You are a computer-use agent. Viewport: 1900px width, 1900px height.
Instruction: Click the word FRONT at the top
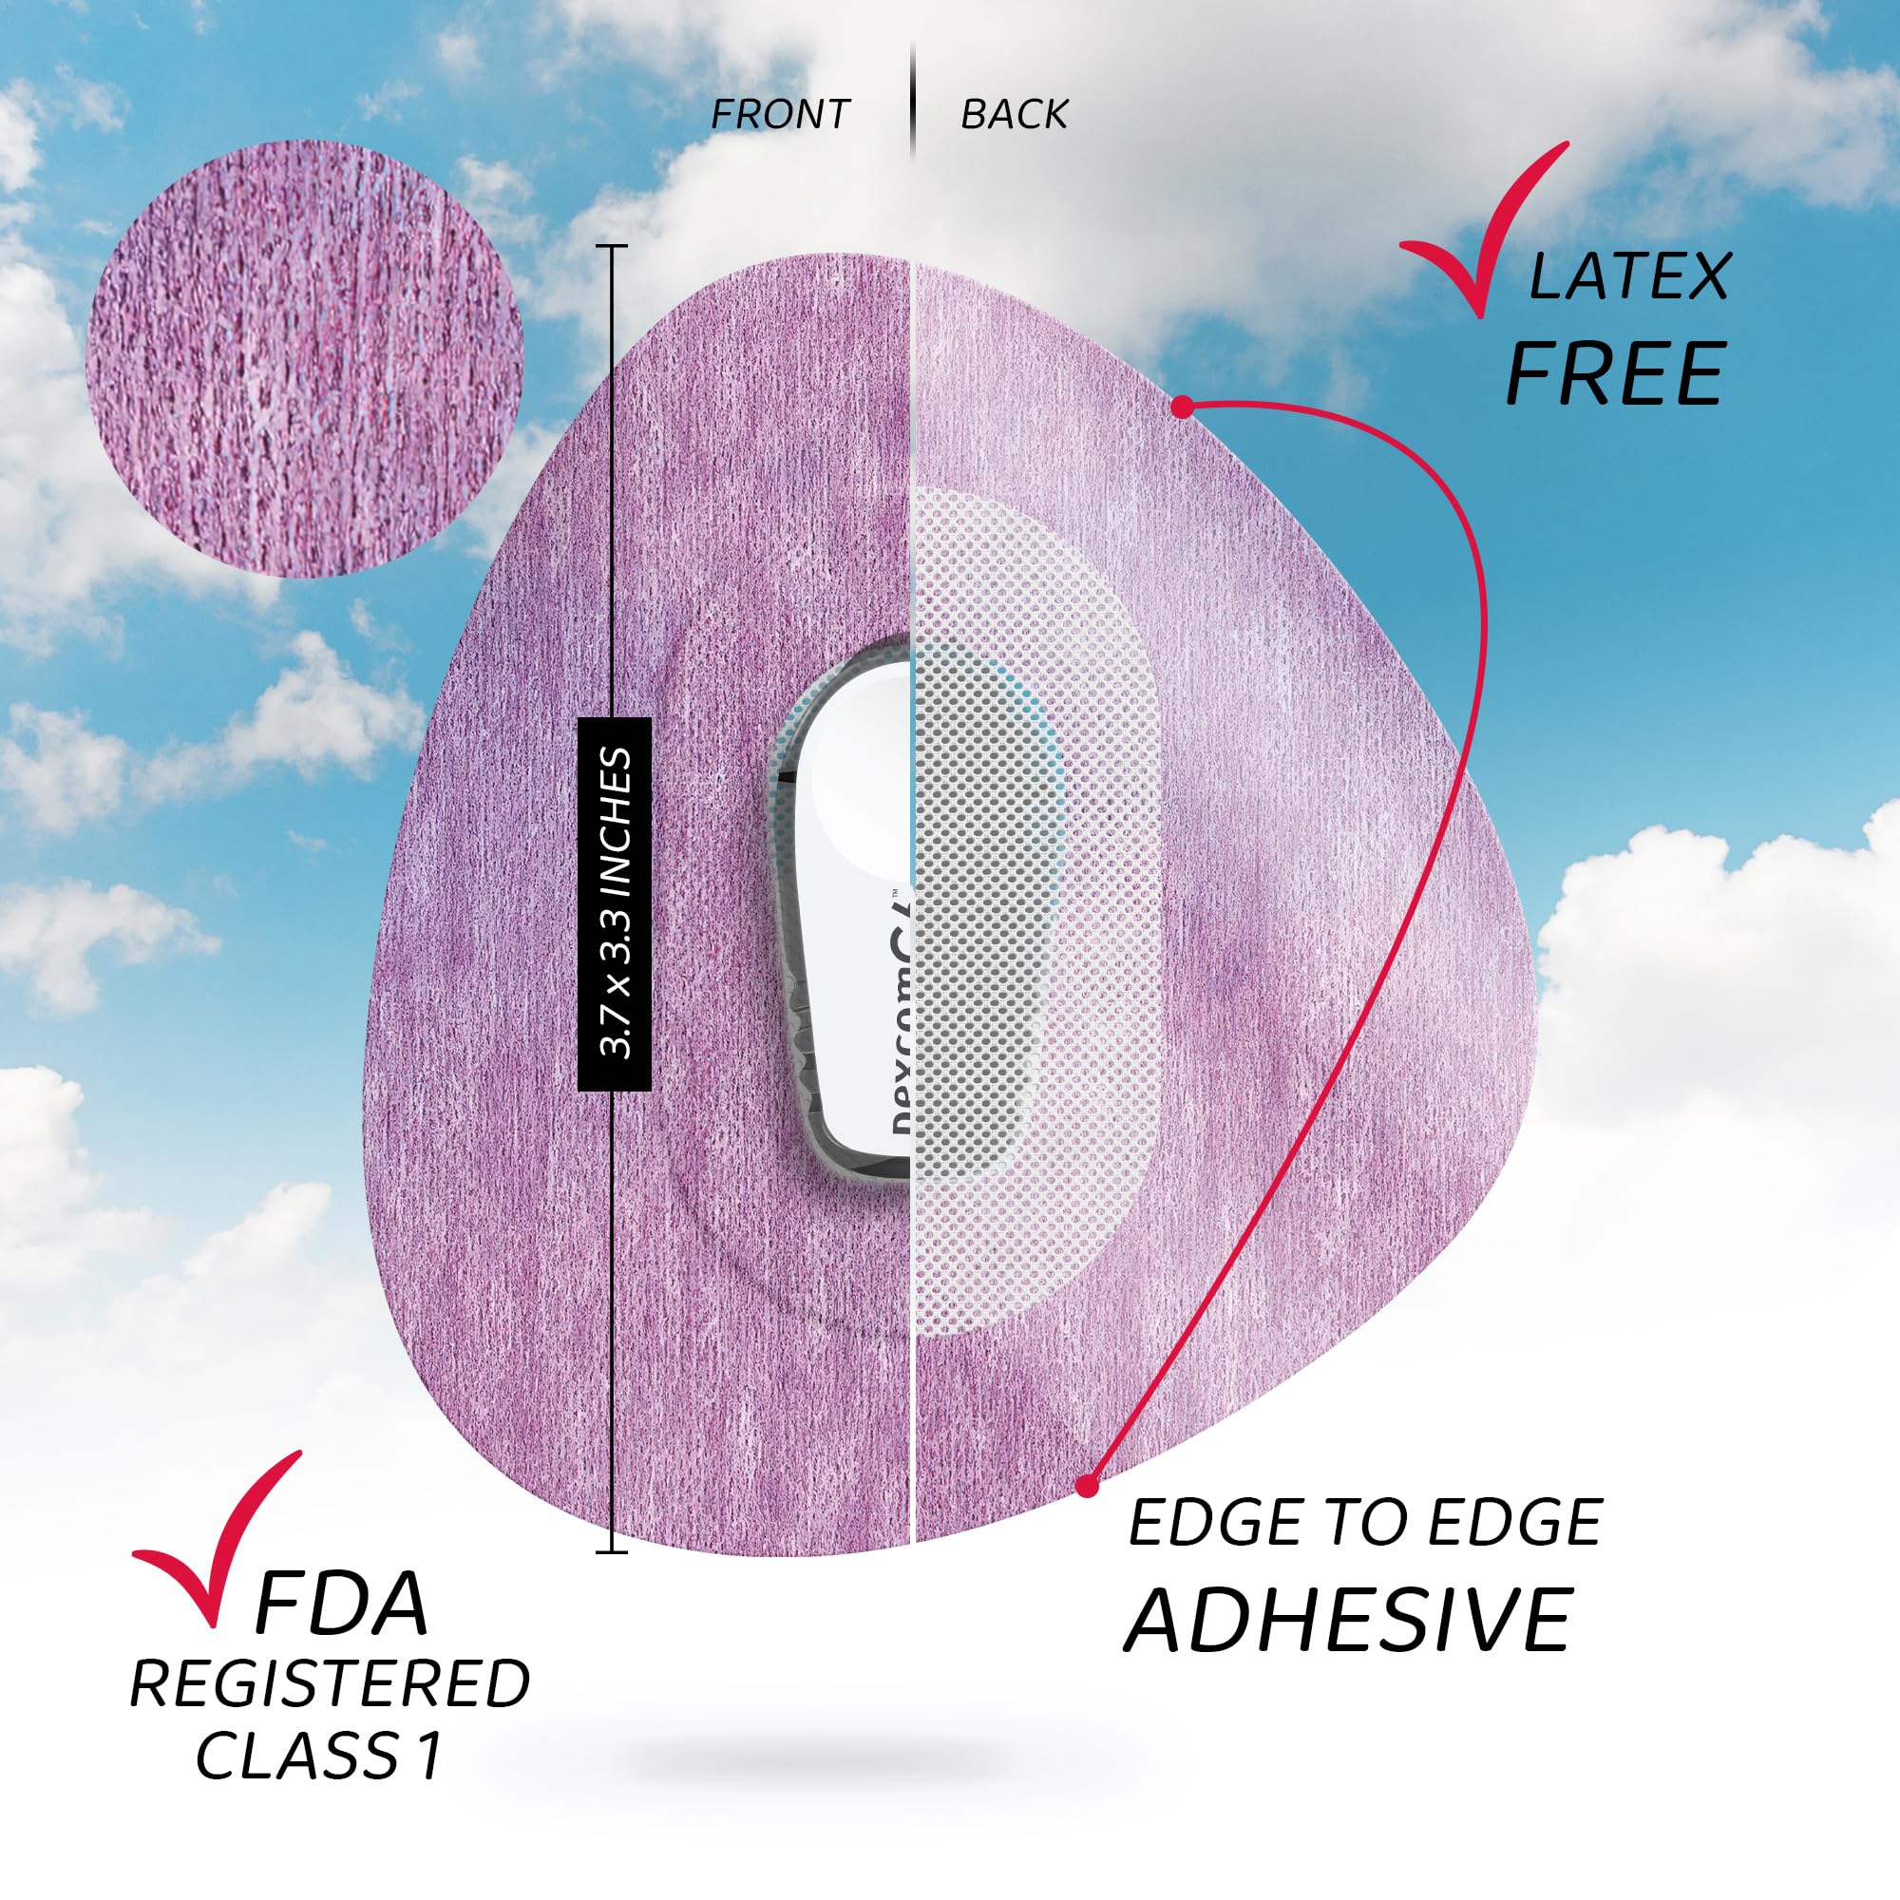(x=780, y=115)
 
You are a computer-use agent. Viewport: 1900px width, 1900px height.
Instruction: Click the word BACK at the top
(x=1014, y=115)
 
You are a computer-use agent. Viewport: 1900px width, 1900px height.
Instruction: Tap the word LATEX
(x=1628, y=277)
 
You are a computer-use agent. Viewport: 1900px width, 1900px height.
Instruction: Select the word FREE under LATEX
(x=1616, y=373)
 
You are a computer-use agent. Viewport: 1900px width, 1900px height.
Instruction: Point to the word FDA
(x=340, y=1604)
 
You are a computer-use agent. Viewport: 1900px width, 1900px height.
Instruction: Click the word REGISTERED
(x=330, y=1684)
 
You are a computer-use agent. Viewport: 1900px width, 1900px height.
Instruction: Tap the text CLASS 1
(x=318, y=1757)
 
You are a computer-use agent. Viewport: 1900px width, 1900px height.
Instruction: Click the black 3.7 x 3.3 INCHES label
(x=615, y=903)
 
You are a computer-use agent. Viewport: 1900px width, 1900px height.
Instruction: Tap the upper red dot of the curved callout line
(x=1184, y=406)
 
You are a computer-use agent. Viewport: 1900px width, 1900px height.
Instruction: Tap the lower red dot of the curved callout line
(x=1086, y=1486)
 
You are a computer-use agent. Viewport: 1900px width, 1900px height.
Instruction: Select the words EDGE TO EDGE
(x=1365, y=1524)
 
